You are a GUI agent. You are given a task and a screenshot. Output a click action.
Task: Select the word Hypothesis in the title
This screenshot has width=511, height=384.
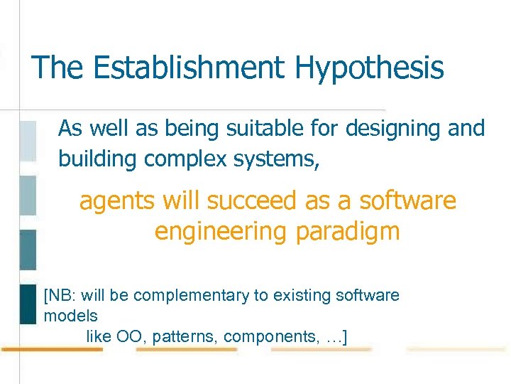(370, 68)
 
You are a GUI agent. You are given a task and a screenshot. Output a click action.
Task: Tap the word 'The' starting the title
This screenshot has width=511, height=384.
(57, 68)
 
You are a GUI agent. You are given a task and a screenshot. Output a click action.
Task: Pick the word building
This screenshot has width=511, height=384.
(98, 159)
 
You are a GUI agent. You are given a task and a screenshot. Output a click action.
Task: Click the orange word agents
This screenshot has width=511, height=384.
(118, 202)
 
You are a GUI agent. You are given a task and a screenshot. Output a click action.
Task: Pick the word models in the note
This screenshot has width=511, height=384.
(70, 315)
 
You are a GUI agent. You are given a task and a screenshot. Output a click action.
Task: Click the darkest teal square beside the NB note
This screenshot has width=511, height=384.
(27, 304)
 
